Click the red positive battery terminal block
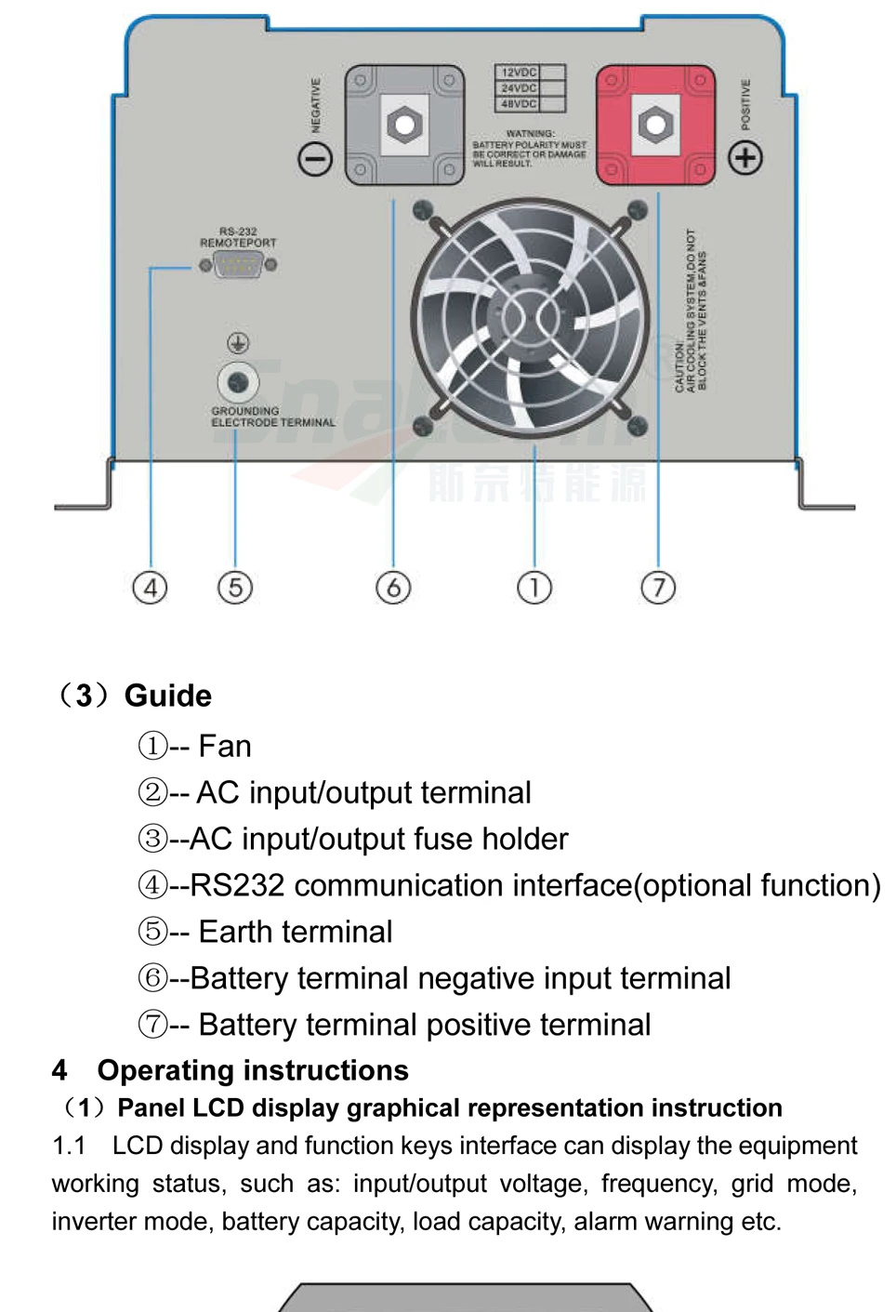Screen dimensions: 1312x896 point(655,124)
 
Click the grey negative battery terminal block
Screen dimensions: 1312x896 point(404,124)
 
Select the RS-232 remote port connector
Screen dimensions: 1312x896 point(238,266)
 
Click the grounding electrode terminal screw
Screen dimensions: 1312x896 point(238,381)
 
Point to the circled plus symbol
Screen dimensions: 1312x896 point(745,158)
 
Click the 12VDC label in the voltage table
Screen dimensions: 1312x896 point(519,73)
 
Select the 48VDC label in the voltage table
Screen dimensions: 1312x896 point(519,104)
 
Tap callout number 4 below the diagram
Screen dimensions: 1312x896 point(151,588)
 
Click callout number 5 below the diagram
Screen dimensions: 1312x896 point(235,588)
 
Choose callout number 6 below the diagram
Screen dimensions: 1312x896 point(393,588)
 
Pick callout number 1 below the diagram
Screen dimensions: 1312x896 point(534,588)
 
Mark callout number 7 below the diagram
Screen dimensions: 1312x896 point(658,588)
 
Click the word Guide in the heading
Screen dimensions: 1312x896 point(168,696)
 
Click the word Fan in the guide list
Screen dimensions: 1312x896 point(225,747)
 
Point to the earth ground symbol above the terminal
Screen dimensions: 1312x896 point(238,343)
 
